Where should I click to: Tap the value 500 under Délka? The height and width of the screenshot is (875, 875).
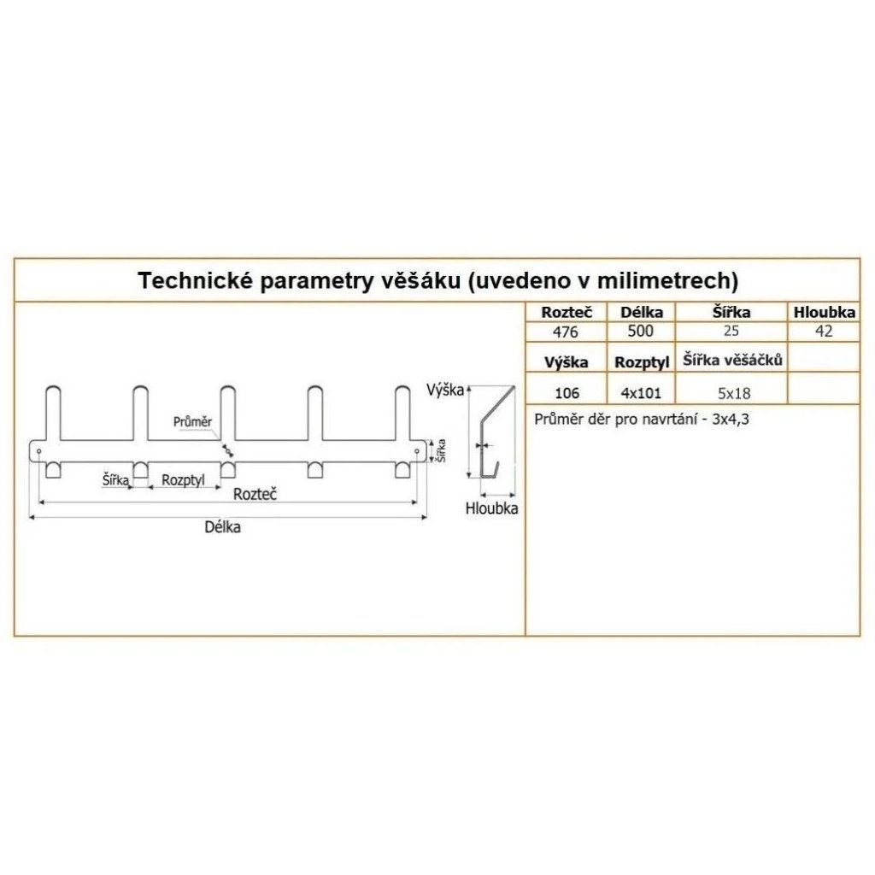[641, 332]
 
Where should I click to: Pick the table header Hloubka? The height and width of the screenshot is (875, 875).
[825, 313]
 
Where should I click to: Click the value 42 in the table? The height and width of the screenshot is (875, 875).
[824, 332]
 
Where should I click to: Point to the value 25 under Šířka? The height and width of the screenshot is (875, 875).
[731, 332]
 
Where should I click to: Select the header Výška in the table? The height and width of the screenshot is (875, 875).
[567, 361]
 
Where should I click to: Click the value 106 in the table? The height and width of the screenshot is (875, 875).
[567, 393]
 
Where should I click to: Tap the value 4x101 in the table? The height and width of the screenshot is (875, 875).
[641, 393]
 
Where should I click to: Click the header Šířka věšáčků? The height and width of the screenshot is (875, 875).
[732, 361]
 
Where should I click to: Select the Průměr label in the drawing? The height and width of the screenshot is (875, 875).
[192, 421]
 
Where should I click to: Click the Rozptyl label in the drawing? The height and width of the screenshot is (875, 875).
[183, 480]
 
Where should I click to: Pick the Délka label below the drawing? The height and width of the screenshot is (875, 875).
[222, 527]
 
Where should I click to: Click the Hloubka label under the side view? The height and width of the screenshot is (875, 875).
[492, 508]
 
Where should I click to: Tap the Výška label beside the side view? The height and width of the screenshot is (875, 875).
[444, 391]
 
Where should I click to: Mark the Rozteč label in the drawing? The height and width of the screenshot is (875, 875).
[259, 494]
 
